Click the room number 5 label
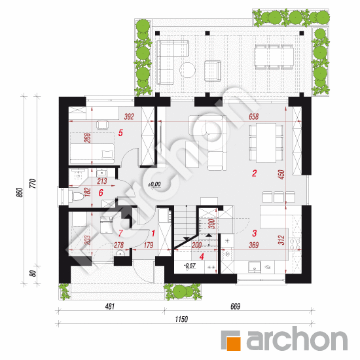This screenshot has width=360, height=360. click(x=120, y=132)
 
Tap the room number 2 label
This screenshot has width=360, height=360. click(x=255, y=173)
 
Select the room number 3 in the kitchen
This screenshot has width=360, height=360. click(x=254, y=232)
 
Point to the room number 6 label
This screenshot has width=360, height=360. click(x=101, y=192)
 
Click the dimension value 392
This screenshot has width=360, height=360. click(x=128, y=117)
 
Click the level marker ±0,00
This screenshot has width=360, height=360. click(x=154, y=185)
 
